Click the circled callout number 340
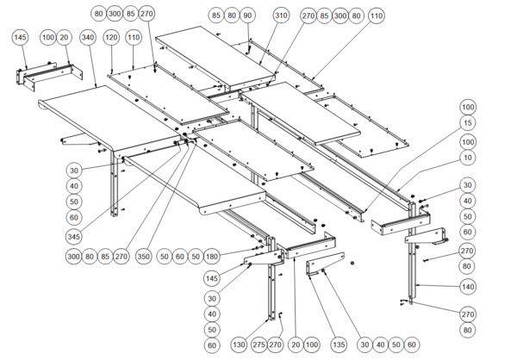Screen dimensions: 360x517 [x=87, y=40]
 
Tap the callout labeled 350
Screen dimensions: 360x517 [x=144, y=257]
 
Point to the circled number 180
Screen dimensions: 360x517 [x=212, y=257]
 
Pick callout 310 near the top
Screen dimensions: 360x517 [x=281, y=16]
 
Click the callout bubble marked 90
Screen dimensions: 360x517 [x=247, y=16]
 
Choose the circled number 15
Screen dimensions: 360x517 [x=467, y=124]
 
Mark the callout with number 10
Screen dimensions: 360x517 [x=467, y=158]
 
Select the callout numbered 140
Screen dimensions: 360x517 [x=467, y=286]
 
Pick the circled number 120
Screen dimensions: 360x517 [x=111, y=40]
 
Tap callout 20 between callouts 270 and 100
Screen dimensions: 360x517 [x=295, y=345]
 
